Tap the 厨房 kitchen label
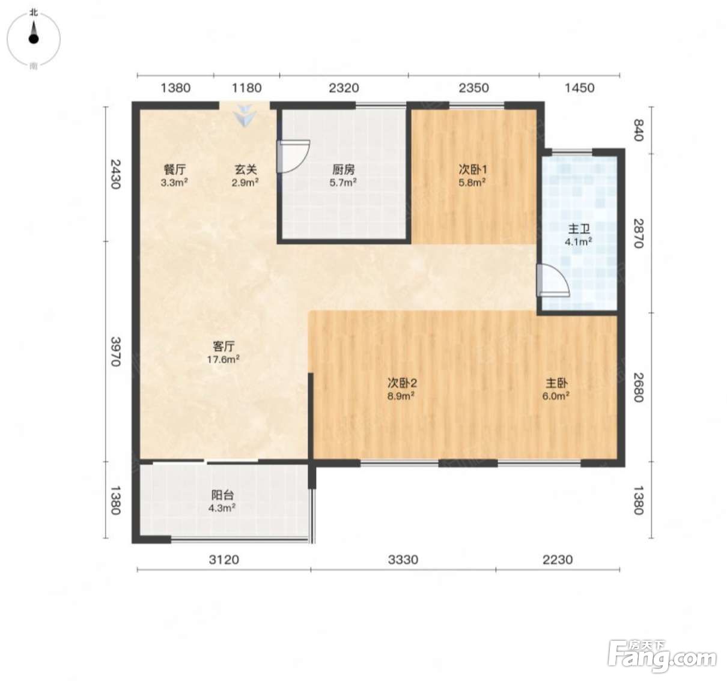pos(343,169)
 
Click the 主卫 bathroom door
pos(553,280)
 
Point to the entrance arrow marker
pos(245,115)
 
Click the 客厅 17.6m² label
pos(224,353)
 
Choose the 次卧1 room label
pos(473,169)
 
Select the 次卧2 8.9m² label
pos(402,389)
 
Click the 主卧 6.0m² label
pos(556,389)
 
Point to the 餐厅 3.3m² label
pos(174,175)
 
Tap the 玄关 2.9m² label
pos(245,175)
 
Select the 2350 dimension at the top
pos(474,88)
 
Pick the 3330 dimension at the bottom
pos(403,560)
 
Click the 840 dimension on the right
pos(639,130)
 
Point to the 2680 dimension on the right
pos(639,387)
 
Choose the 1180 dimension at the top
pos(247,88)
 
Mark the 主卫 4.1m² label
pos(579,235)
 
